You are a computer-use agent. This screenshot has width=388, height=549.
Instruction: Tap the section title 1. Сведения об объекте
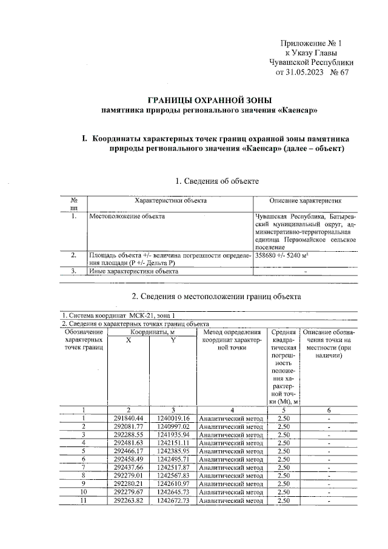pyautogui.click(x=217, y=181)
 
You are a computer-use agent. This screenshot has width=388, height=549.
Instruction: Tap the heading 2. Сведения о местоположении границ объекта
pyautogui.click(x=216, y=296)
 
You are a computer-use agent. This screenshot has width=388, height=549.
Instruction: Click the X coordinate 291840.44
pyautogui.click(x=127, y=418)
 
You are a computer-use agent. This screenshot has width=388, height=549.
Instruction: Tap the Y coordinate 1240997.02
pyautogui.click(x=173, y=426)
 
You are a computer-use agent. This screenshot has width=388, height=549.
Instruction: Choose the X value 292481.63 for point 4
pyautogui.click(x=127, y=443)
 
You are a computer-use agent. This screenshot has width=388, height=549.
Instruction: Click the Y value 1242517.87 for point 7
pyautogui.click(x=173, y=467)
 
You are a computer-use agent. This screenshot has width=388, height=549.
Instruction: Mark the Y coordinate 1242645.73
pyautogui.click(x=173, y=492)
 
